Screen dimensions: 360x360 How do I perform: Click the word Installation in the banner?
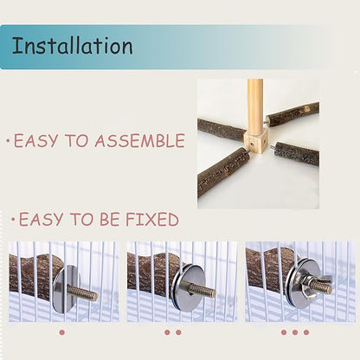click(x=72, y=46)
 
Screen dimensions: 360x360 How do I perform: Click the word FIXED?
click(x=152, y=219)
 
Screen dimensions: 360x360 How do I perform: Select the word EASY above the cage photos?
click(x=41, y=219)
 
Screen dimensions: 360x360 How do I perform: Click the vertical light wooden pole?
click(x=255, y=107)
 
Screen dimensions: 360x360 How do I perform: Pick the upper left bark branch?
click(x=222, y=130)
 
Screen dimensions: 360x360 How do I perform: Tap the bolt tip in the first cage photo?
click(x=94, y=296)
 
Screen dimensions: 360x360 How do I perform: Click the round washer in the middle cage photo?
click(x=188, y=287)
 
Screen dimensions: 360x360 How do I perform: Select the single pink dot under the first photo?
click(x=61, y=332)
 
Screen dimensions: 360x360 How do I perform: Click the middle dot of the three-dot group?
click(x=295, y=332)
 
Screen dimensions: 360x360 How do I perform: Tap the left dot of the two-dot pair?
click(x=167, y=332)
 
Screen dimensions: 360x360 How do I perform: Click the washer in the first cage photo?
click(x=65, y=288)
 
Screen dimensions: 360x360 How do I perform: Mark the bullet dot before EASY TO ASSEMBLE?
click(x=9, y=141)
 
